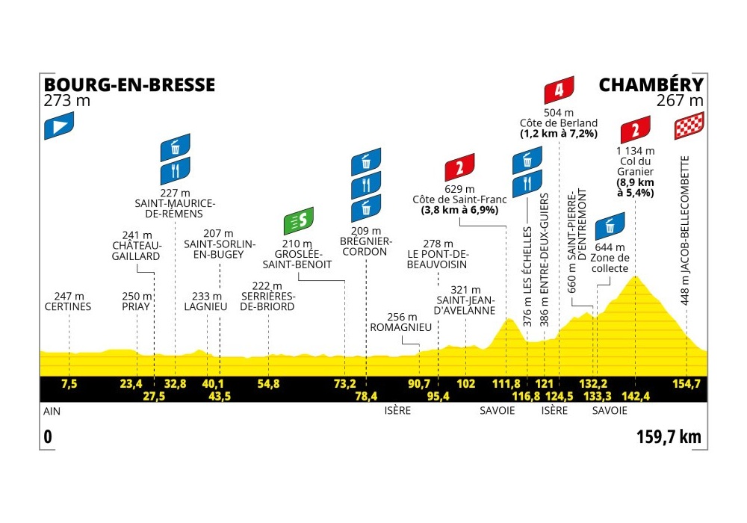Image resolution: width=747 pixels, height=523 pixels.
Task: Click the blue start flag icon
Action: click(x=59, y=125)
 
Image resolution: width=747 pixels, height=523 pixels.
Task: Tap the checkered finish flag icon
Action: click(x=688, y=129)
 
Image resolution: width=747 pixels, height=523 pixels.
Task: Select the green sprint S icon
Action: click(x=299, y=220)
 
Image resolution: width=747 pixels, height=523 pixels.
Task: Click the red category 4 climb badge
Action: click(x=559, y=91)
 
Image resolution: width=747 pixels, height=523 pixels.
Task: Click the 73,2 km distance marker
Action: click(x=344, y=384)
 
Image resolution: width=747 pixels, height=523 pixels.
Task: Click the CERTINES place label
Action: click(x=67, y=306)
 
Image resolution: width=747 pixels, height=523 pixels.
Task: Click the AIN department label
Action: click(x=53, y=410)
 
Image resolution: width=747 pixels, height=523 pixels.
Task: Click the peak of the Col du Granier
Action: click(x=636, y=277)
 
